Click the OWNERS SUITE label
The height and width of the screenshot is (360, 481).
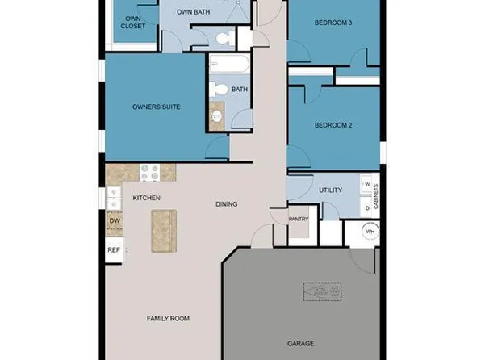coord(156,107)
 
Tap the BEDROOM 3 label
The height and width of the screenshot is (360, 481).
coord(333,23)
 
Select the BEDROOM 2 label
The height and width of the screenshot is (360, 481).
coord(333,125)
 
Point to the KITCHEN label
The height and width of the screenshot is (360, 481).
coord(146,198)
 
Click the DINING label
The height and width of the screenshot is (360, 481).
coord(226,204)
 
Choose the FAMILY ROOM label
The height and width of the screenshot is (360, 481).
coord(168,319)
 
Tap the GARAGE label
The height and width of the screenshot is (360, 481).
coord(301,343)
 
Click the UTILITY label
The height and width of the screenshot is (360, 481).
coord(330,190)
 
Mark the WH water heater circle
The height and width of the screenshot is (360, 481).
coord(370,232)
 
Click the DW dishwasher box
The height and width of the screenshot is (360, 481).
coord(114,221)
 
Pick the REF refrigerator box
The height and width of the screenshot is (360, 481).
coord(114,250)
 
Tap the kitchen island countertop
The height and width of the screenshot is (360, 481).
coord(163,232)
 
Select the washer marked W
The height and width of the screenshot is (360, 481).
coord(367,185)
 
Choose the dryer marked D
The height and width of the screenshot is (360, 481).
coord(367,207)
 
